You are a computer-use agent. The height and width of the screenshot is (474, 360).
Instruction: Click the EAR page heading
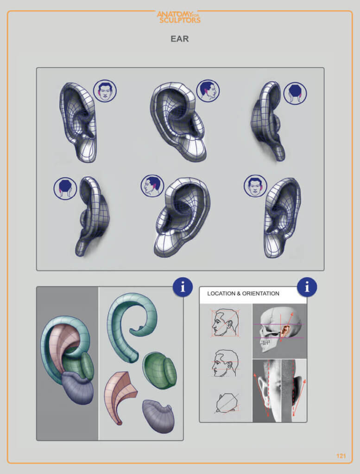tap(180, 39)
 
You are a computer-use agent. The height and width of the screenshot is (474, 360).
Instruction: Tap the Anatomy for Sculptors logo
tap(178, 17)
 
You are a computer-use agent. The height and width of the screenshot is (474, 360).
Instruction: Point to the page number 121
tap(341, 456)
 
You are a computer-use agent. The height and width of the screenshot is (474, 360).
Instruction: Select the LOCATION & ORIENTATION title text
tap(243, 293)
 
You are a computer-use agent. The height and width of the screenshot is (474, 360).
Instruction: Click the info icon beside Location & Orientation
tap(307, 287)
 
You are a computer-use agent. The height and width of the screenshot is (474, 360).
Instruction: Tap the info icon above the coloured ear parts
tap(183, 287)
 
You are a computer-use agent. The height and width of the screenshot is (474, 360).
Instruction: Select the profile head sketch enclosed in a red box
tap(225, 322)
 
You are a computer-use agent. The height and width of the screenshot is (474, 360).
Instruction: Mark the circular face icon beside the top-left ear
tap(105, 91)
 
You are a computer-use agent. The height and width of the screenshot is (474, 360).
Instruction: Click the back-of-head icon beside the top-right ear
tap(295, 93)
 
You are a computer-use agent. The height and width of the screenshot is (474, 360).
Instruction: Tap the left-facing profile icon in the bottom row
tap(152, 186)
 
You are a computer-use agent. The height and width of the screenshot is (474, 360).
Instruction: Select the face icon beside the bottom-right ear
tap(255, 186)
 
